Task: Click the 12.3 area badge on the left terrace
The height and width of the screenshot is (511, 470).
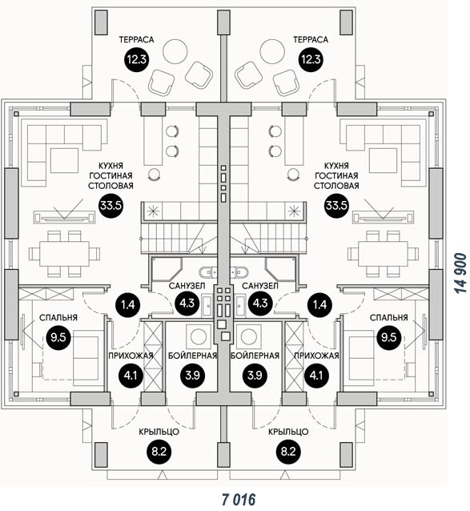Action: (x=137, y=59)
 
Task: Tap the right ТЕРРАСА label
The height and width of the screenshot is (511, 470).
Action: (x=311, y=40)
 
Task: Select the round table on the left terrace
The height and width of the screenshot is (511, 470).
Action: (x=175, y=51)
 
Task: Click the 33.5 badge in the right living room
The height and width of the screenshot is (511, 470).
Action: (x=336, y=205)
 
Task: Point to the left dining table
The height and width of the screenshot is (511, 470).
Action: (x=64, y=254)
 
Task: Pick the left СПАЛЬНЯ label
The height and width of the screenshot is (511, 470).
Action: (x=58, y=317)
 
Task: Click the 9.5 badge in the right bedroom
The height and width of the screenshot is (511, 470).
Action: (x=388, y=337)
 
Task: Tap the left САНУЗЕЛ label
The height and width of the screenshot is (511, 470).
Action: (x=187, y=286)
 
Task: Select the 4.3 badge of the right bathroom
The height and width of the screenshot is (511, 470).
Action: (x=260, y=303)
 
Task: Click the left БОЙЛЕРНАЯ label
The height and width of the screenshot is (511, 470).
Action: (x=192, y=356)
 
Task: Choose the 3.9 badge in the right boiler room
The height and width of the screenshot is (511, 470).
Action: (x=255, y=375)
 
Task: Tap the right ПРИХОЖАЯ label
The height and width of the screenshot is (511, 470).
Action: (x=316, y=356)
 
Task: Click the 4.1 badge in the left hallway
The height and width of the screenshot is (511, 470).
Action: (x=131, y=376)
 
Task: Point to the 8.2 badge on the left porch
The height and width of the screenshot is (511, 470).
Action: (x=159, y=452)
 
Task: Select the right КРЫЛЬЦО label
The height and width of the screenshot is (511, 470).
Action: (x=288, y=432)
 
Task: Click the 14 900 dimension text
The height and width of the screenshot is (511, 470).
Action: (x=460, y=272)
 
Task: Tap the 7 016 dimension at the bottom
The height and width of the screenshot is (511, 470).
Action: (x=239, y=499)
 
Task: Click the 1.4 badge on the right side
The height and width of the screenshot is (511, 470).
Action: (x=319, y=304)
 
